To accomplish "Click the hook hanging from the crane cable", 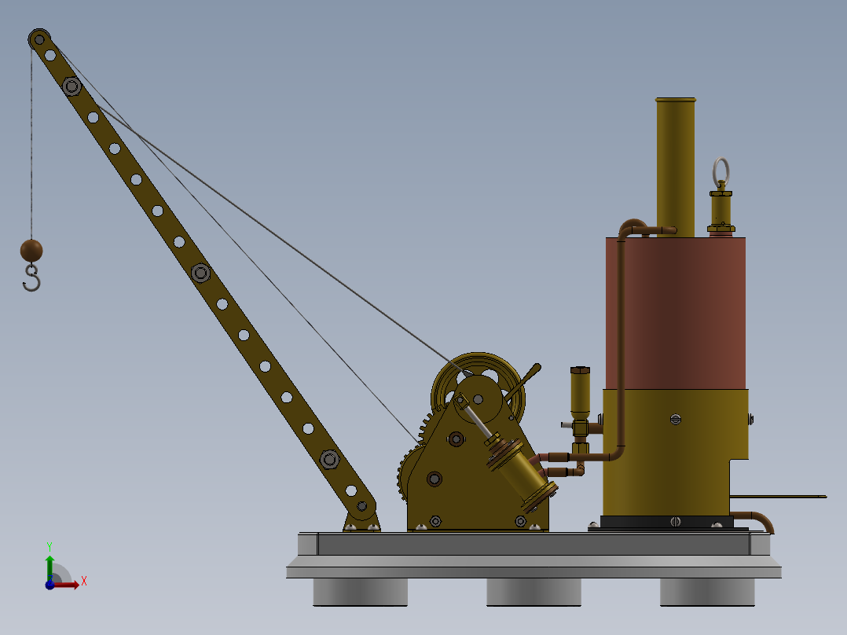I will click(x=31, y=278).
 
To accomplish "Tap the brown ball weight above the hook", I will click(x=31, y=251).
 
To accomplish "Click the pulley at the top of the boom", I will click(x=38, y=39).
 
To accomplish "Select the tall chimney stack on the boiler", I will click(x=675, y=165).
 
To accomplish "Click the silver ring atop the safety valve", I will click(x=720, y=169).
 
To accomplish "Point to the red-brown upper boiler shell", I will click(x=676, y=310).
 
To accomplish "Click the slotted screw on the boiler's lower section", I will click(x=675, y=419).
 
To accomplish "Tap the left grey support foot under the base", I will click(x=361, y=592).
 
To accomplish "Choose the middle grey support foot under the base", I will click(x=533, y=592).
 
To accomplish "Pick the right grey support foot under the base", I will click(x=707, y=592).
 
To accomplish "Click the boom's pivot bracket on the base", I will click(x=361, y=519).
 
